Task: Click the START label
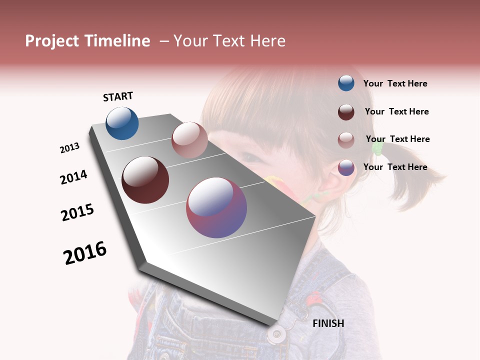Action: pos(118,96)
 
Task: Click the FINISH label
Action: pos(328,323)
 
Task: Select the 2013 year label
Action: pos(69,148)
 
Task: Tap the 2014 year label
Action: pos(73,177)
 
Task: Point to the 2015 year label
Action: pos(77,212)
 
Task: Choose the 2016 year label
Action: pos(85,252)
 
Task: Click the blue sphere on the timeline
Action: pos(122,123)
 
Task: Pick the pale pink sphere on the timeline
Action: pos(189,140)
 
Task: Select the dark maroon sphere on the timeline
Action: pos(145,180)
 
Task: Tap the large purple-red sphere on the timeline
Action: pos(216,207)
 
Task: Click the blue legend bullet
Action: pos(346,83)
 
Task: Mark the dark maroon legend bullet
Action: pos(346,112)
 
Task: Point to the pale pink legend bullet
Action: pos(346,139)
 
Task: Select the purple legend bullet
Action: pos(346,167)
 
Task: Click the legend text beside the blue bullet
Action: pos(395,83)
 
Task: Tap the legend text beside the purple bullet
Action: pos(395,167)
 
